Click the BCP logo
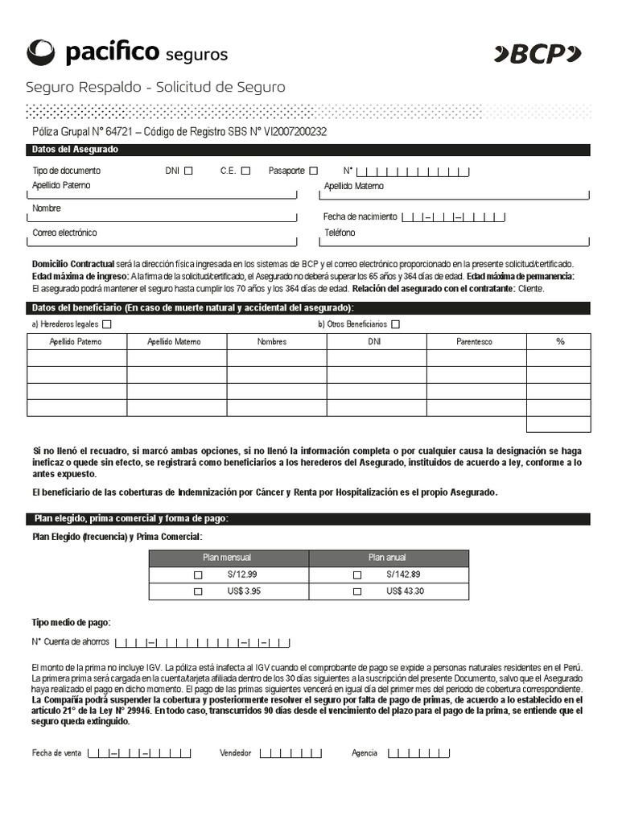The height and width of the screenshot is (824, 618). point(538,54)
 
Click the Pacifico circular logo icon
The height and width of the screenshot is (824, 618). point(42,52)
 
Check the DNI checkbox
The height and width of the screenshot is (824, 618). point(188,171)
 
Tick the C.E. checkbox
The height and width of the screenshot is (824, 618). point(245,171)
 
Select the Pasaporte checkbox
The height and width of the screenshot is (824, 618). point(314,171)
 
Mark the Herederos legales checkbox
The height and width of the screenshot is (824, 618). point(107,324)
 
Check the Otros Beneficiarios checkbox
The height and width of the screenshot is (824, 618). point(395,324)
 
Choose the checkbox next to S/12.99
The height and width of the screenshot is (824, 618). point(198,575)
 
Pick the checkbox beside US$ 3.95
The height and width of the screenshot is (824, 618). point(198,591)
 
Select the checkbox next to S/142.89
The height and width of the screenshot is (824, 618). point(357,575)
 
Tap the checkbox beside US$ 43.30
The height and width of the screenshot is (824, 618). point(357,591)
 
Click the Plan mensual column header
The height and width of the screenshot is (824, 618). point(229,558)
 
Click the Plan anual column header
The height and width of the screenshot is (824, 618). point(388,558)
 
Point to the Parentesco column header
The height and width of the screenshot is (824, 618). point(475,342)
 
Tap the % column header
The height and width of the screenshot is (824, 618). point(560,342)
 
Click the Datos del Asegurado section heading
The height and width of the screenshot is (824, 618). point(75,150)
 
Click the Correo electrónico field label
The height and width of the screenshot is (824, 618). point(64,233)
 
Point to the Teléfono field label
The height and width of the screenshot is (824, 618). point(340,233)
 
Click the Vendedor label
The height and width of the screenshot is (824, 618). point(236,753)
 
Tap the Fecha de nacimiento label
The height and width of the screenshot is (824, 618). point(360,216)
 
